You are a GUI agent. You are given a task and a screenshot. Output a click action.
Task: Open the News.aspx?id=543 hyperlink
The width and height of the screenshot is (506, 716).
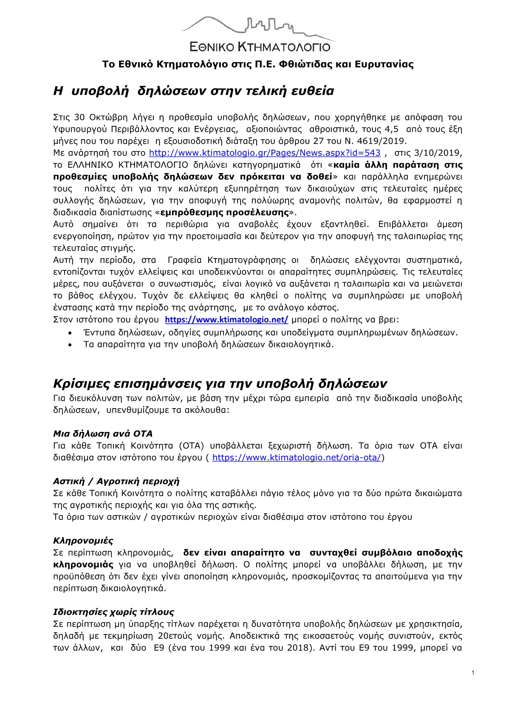pos(264,153)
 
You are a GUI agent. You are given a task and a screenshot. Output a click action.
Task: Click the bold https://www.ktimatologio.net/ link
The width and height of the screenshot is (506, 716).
pos(226,320)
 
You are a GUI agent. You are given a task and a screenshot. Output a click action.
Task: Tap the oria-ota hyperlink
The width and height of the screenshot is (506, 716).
pos(297,457)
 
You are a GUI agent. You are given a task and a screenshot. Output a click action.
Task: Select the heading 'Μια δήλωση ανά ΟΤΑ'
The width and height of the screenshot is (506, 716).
pos(103,434)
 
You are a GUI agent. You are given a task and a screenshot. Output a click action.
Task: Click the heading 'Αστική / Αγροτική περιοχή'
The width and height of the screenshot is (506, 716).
pos(116,481)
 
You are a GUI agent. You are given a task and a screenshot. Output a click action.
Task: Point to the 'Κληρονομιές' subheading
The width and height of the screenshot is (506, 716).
pos(83,541)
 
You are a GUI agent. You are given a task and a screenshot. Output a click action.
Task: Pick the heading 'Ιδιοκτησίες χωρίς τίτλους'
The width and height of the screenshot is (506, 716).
pos(113,612)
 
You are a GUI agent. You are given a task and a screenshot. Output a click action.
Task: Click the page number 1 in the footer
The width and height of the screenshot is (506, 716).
pos(473,673)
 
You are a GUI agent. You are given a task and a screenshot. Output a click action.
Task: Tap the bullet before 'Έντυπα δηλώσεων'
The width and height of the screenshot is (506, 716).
pos(70,333)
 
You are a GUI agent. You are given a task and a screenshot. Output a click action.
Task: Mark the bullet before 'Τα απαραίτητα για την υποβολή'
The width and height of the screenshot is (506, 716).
pos(70,345)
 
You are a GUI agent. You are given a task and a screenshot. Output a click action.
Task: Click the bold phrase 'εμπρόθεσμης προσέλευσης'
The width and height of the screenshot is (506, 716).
pos(225,213)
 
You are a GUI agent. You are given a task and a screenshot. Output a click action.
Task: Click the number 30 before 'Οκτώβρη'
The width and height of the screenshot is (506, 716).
pos(79,117)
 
